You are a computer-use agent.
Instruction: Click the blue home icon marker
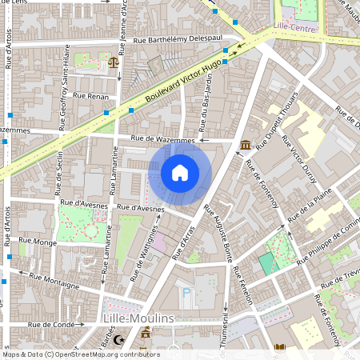(180, 173)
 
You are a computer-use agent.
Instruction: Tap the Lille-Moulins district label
(139, 318)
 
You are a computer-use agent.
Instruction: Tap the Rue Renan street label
(90, 96)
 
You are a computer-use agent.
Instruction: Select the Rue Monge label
(37, 240)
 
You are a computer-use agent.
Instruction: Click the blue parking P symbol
(187, 294)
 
